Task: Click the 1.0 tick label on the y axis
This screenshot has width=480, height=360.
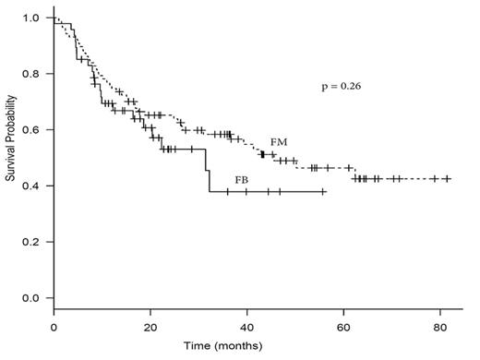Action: [x=31, y=18]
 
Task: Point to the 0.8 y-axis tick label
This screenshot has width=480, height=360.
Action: [x=31, y=74]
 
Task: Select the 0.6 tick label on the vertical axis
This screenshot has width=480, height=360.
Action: [x=31, y=130]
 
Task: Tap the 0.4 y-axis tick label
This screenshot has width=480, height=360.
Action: [x=31, y=186]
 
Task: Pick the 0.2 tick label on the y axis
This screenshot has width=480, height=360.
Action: [x=31, y=242]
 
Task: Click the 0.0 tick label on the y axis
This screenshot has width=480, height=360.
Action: [x=31, y=298]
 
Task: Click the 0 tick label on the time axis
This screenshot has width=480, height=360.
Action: [x=54, y=328]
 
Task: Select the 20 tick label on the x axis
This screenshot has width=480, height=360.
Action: [x=150, y=328]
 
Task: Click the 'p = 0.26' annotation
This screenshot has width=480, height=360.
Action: [x=341, y=88]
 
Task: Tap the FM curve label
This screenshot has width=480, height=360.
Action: [x=279, y=143]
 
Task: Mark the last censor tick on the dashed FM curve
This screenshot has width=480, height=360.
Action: [x=447, y=178]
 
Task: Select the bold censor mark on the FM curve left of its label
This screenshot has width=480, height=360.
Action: [x=262, y=154]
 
